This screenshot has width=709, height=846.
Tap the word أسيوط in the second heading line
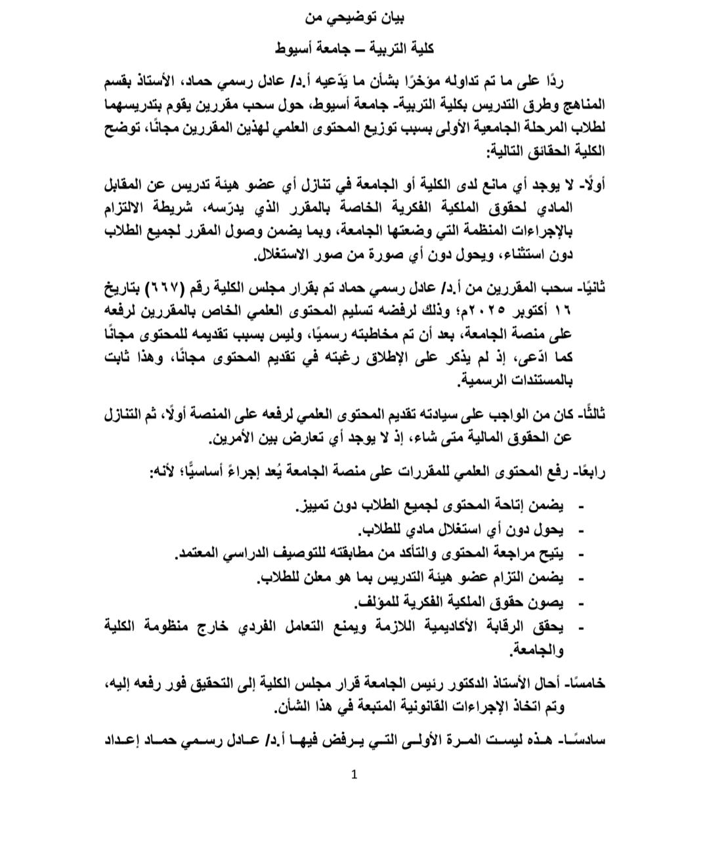[x=297, y=49]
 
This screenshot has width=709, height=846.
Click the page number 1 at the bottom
[x=354, y=775]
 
